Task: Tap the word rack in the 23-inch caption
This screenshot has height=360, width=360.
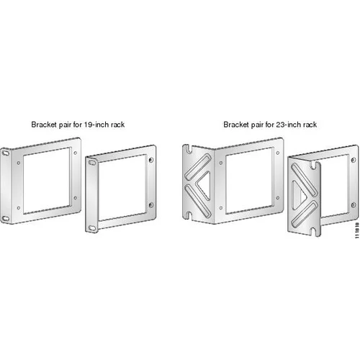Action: (310, 125)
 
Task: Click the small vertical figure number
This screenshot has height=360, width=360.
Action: (357, 230)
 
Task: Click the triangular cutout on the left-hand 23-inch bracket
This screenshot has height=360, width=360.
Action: (205, 186)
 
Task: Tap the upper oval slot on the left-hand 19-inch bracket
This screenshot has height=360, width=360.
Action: (5, 153)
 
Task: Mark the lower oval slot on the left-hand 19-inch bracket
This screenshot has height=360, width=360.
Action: (5, 218)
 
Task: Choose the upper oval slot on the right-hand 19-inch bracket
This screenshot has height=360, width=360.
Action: (91, 163)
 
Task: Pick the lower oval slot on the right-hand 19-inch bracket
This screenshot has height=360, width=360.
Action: (91, 228)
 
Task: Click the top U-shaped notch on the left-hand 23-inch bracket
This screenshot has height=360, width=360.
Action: (189, 149)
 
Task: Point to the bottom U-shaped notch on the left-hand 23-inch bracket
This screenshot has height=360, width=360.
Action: (189, 215)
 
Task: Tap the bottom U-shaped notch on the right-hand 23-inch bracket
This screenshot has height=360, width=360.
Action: (314, 231)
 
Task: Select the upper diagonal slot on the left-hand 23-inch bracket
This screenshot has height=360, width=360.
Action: (198, 167)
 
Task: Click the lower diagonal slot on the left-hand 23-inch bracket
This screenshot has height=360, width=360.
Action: (198, 202)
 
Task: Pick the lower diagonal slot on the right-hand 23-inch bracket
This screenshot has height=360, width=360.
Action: (305, 214)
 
